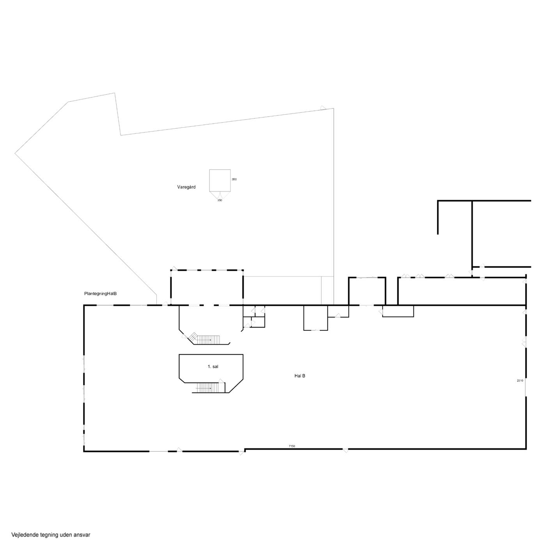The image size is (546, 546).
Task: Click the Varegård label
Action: click(x=186, y=187)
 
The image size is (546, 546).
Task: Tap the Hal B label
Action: click(x=300, y=376)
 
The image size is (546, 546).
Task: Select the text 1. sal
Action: click(x=213, y=367)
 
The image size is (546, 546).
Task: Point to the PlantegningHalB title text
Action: click(x=100, y=294)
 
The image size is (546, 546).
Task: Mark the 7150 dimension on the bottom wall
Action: click(x=292, y=446)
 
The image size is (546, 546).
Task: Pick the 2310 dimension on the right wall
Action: click(x=520, y=381)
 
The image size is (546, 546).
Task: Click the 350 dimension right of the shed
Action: click(x=234, y=179)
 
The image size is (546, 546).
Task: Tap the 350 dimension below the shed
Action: click(x=220, y=200)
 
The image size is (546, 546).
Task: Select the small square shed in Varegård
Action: click(x=220, y=180)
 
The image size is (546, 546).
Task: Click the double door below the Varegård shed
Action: click(x=220, y=195)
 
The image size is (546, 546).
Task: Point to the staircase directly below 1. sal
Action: click(x=208, y=388)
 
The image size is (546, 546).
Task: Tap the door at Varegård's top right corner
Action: click(x=323, y=108)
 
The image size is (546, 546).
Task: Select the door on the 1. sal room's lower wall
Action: click(x=221, y=381)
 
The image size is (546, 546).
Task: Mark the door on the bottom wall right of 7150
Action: click(x=346, y=450)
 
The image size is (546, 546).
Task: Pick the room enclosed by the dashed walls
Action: click(x=207, y=287)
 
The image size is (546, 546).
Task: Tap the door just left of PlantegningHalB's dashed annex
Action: click(x=165, y=303)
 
